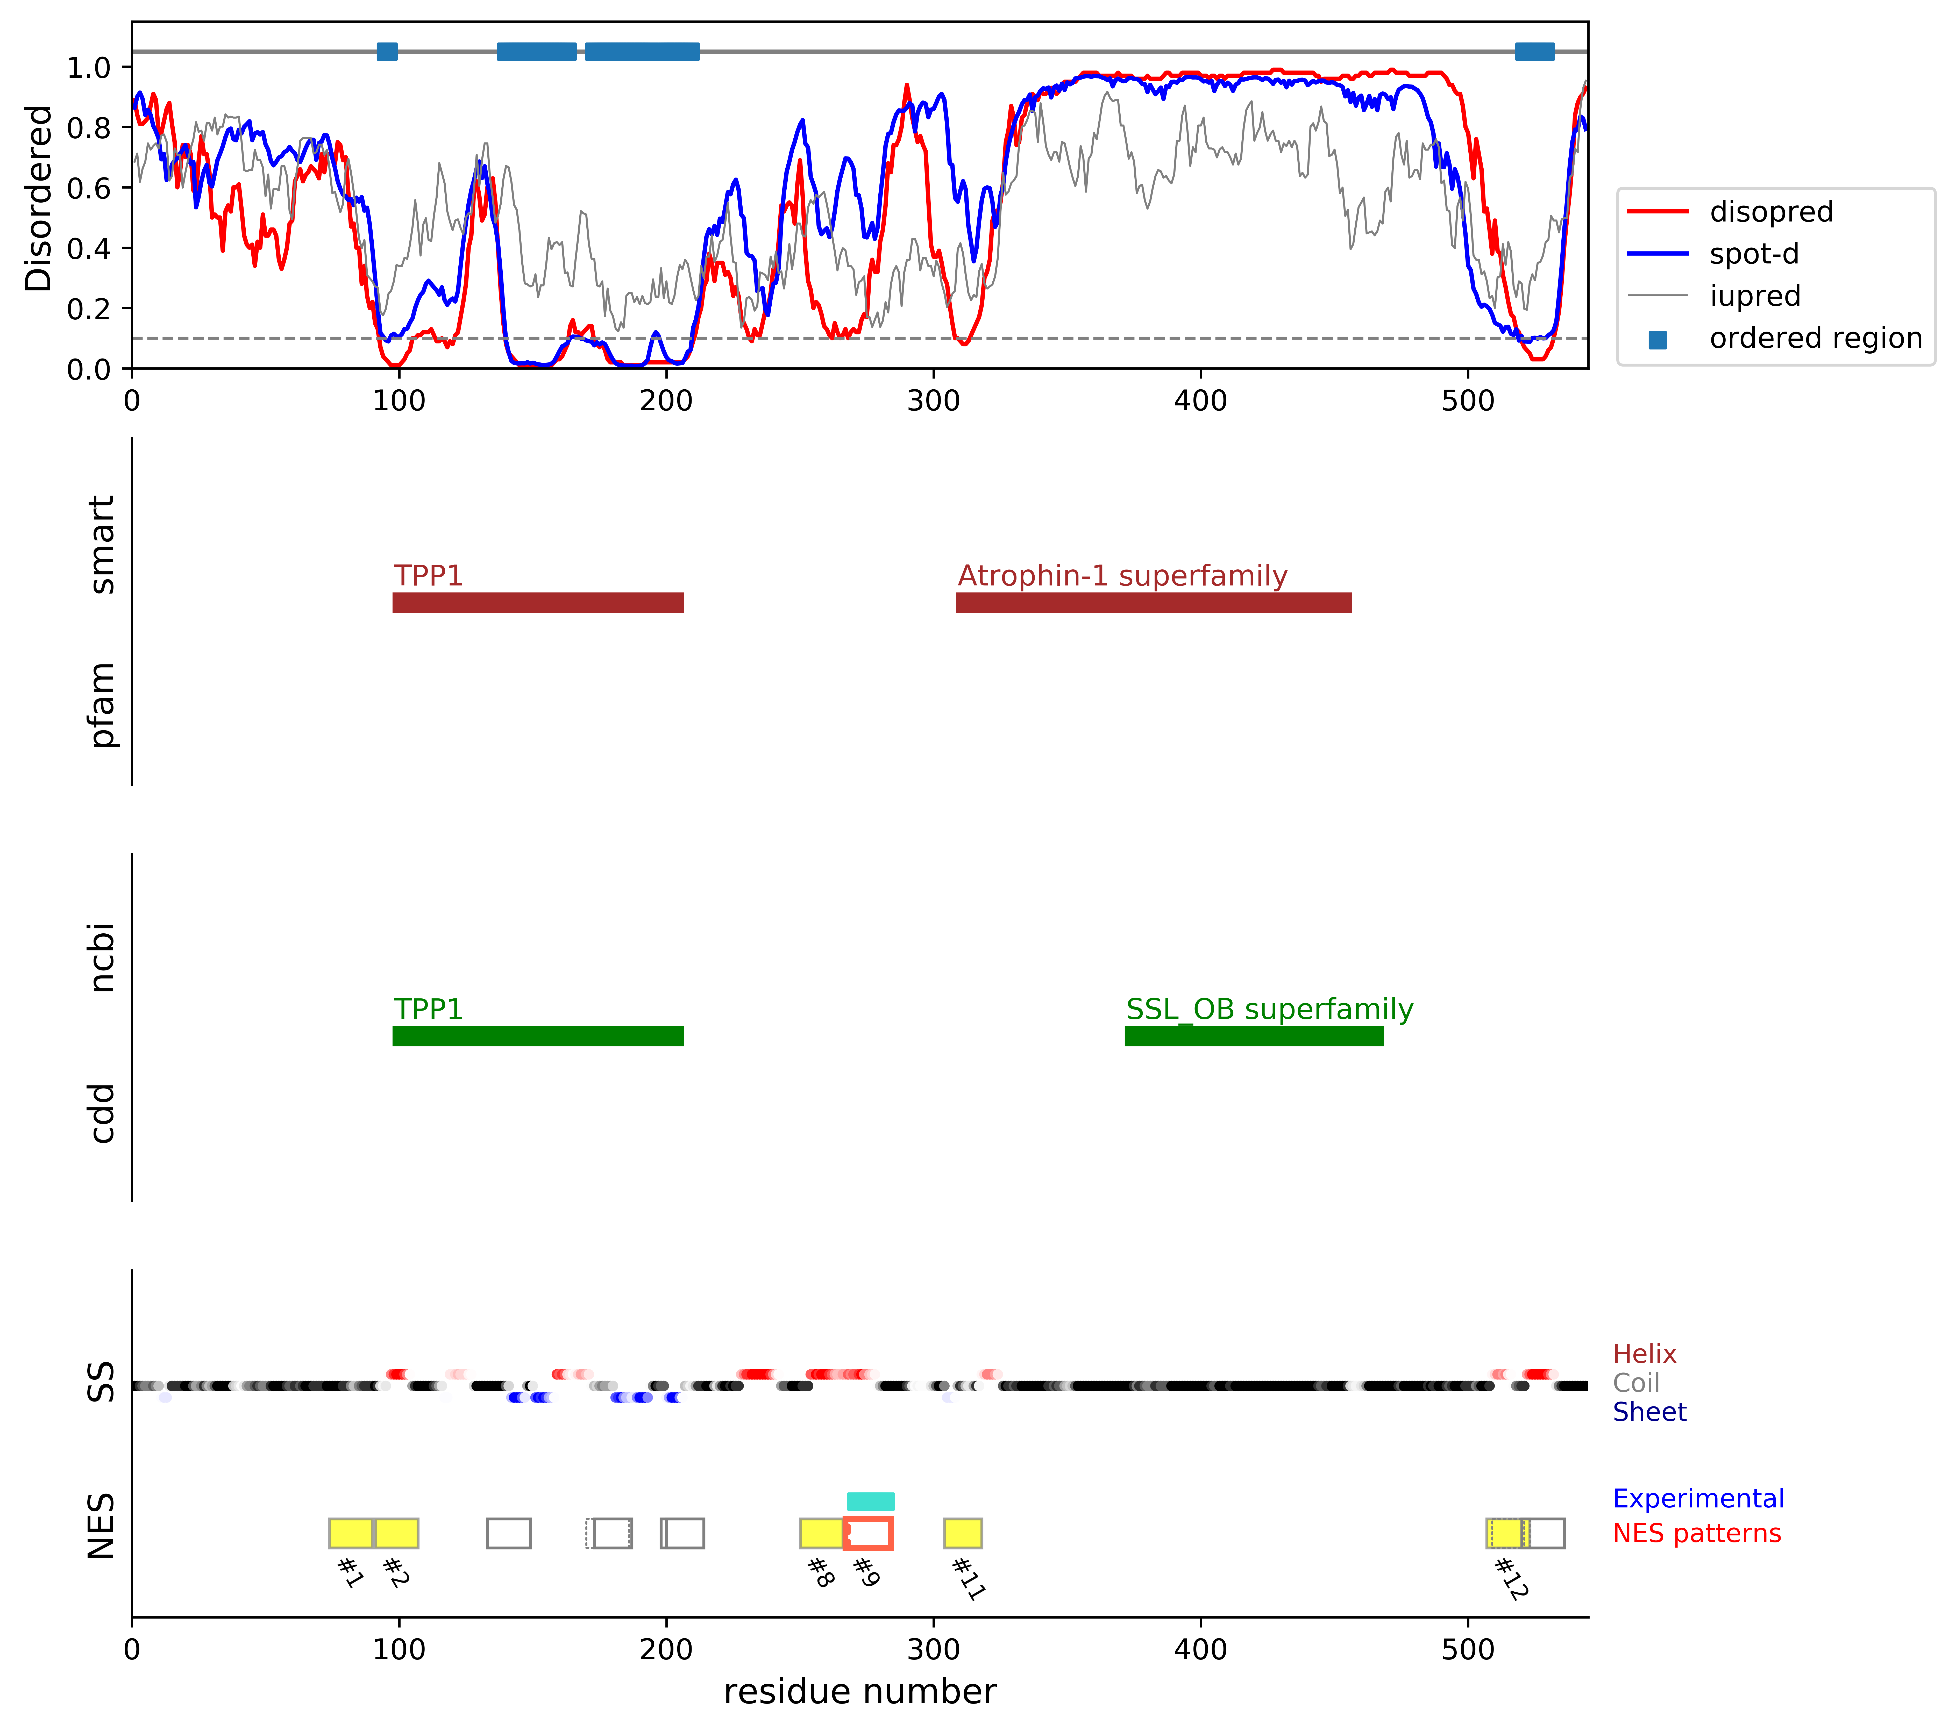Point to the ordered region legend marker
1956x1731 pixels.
1658,340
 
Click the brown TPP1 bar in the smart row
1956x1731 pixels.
538,602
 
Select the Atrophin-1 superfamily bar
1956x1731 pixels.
1153,602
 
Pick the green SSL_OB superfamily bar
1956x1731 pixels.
1254,1036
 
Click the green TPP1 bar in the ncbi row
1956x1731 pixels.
538,1036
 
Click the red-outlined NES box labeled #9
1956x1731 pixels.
868,1533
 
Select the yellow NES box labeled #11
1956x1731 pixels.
963,1533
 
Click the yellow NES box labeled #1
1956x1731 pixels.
350,1533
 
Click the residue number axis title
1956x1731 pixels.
859,1692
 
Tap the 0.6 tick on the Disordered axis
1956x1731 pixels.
88,188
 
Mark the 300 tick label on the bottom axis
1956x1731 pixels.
933,1650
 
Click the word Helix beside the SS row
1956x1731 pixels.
1644,1354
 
